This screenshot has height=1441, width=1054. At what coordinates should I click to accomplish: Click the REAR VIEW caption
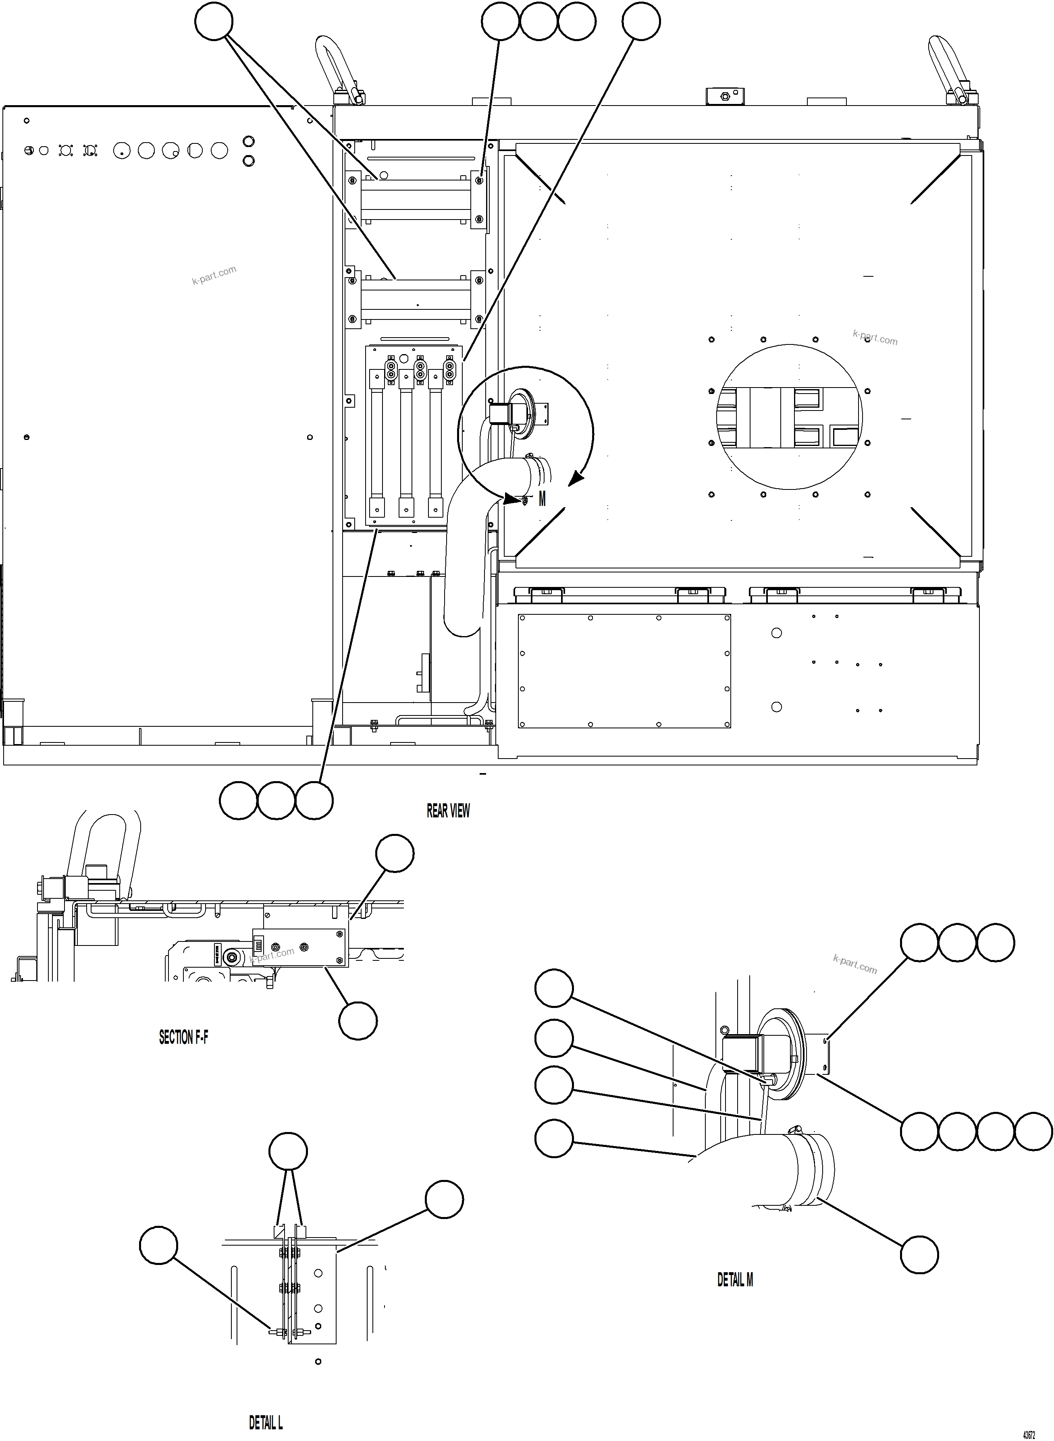448,811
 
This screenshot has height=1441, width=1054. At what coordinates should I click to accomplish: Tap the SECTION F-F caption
183,1037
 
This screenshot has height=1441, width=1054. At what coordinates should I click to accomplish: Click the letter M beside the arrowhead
542,499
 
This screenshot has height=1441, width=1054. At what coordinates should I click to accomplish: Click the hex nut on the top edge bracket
724,96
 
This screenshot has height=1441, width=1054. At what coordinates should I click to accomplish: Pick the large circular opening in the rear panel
789,418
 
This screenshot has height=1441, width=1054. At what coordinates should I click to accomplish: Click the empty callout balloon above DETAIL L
288,1151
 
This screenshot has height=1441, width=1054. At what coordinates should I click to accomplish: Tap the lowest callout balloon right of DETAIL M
919,1254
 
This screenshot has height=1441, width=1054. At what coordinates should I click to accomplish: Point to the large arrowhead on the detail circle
576,478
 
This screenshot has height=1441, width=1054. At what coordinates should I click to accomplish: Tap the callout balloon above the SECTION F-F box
395,853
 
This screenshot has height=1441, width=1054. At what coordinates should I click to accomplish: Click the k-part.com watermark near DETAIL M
855,964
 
